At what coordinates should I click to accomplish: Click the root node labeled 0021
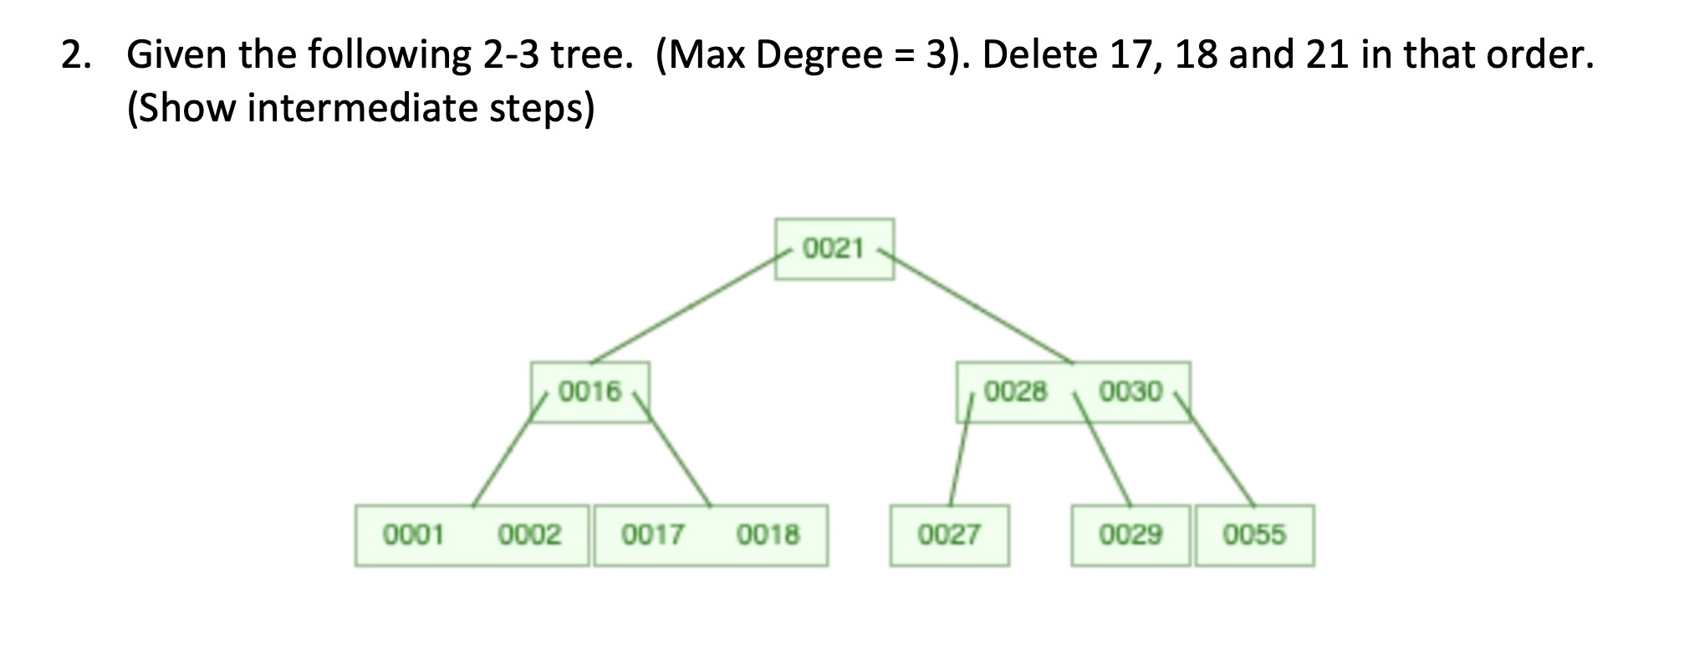pos(834,248)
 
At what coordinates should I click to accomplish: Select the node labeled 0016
pos(590,392)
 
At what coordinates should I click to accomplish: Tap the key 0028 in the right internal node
pos(1015,392)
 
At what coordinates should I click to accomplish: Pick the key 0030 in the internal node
pos(1130,392)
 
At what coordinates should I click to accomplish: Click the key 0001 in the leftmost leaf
pos(413,535)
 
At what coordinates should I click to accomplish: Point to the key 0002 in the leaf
pos(529,535)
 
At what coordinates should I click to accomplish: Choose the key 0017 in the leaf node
pos(652,535)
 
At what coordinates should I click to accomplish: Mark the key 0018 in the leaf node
pos(768,535)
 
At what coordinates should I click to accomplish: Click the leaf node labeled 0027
pos(949,535)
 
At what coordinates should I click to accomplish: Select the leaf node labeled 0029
pos(1130,535)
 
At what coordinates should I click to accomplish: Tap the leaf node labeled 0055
pos(1254,535)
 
